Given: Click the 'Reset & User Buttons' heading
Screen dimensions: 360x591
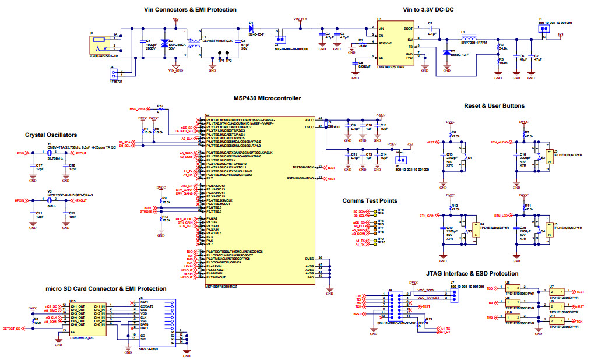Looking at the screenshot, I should [494, 105].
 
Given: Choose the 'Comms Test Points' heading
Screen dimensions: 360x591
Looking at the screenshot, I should [370, 200].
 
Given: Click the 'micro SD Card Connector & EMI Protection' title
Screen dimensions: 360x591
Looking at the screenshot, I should [105, 288].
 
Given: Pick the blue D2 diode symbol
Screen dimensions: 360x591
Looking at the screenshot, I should [164, 44].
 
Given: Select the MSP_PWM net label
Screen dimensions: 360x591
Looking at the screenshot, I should [138, 109].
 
